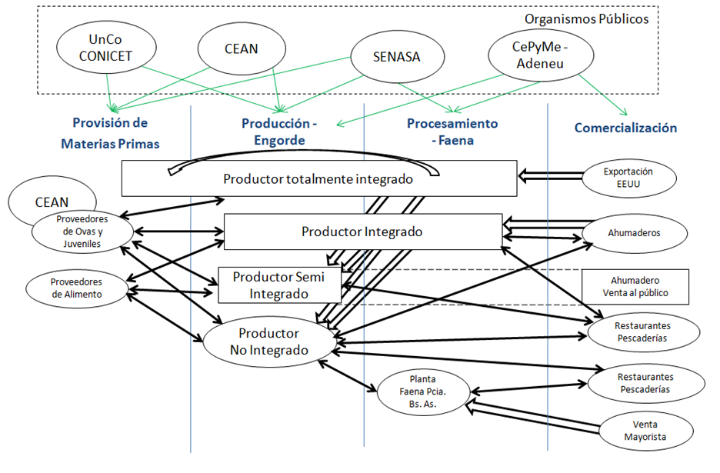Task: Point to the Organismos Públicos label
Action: (x=587, y=18)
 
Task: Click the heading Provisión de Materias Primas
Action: (x=109, y=130)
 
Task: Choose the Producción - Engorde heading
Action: (x=278, y=131)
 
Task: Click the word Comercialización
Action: (x=625, y=128)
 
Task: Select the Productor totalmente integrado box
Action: (x=318, y=178)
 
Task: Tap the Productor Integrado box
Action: (x=362, y=232)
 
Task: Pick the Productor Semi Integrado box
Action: (x=279, y=285)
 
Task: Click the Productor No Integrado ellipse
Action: (x=268, y=341)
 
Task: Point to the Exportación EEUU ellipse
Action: (x=628, y=178)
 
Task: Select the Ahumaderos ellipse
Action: (x=633, y=232)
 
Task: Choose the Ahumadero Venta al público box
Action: (x=635, y=287)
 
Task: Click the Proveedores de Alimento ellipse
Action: (x=76, y=288)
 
